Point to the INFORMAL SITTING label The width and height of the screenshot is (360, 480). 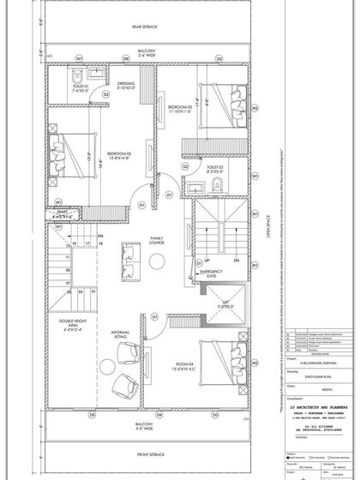120,335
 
